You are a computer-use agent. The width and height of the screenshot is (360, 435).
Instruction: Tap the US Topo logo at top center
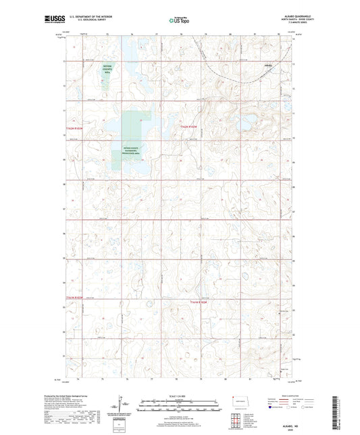point(179,20)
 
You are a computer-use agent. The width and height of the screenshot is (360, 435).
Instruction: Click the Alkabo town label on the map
point(268,66)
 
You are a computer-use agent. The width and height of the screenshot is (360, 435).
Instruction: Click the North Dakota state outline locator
point(238,401)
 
